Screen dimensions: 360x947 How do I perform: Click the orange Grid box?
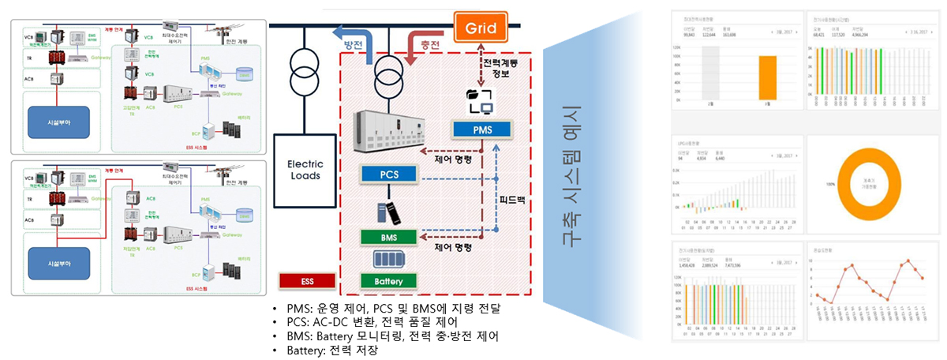click(481, 28)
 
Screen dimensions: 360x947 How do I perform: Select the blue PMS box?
click(481, 127)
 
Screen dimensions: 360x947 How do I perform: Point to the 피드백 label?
click(512, 201)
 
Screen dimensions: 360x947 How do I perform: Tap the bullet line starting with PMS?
click(391, 308)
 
